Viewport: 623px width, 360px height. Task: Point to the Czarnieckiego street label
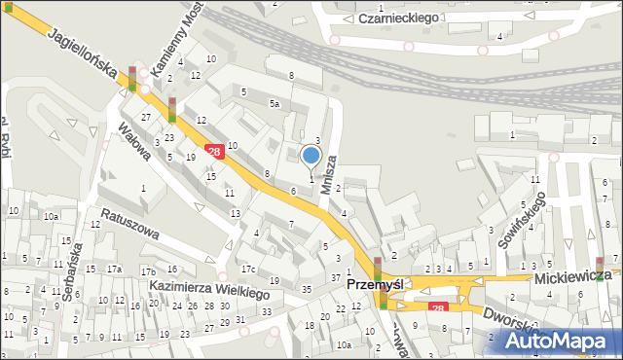point(398,18)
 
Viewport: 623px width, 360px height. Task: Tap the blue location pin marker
point(311,156)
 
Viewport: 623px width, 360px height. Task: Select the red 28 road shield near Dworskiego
point(438,307)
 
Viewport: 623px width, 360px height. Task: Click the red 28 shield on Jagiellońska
point(213,149)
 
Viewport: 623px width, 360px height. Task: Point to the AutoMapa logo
point(566,341)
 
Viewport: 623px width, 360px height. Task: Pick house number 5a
point(275,103)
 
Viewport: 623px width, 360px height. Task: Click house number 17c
point(248,269)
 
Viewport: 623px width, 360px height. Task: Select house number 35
point(306,289)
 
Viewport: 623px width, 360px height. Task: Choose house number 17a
point(115,269)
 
